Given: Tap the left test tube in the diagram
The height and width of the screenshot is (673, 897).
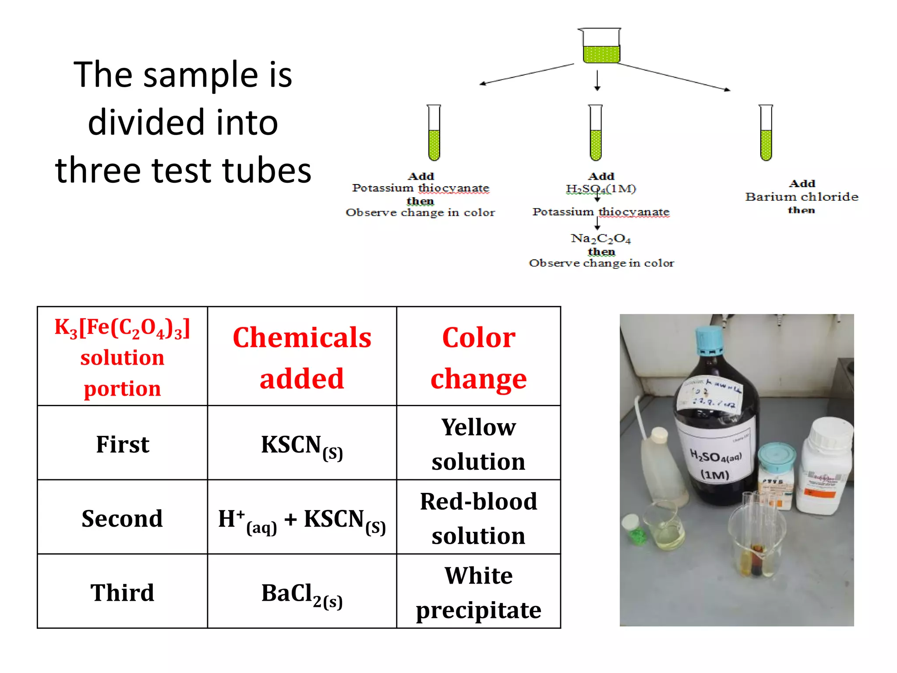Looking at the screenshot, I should [434, 133].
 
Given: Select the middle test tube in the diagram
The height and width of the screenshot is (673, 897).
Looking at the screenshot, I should [596, 133].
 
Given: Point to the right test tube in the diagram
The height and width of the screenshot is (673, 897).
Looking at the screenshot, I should [766, 133].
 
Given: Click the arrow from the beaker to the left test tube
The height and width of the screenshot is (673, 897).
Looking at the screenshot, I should [526, 74].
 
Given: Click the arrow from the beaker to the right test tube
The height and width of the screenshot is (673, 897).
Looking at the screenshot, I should [675, 77].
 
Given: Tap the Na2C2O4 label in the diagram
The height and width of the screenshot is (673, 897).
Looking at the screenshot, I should [600, 239].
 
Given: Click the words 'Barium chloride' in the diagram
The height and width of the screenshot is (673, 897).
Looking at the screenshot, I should [802, 197].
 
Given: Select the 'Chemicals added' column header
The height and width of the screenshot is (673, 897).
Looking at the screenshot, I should [302, 357].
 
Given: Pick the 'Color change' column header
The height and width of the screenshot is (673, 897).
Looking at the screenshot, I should [478, 357].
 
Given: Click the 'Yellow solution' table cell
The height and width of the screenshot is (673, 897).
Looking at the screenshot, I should [478, 443].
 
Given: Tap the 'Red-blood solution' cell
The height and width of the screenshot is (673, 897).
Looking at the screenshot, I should [478, 517].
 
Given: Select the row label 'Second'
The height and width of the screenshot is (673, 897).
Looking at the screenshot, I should [122, 518].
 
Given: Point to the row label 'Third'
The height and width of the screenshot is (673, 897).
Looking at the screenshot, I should [122, 592].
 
